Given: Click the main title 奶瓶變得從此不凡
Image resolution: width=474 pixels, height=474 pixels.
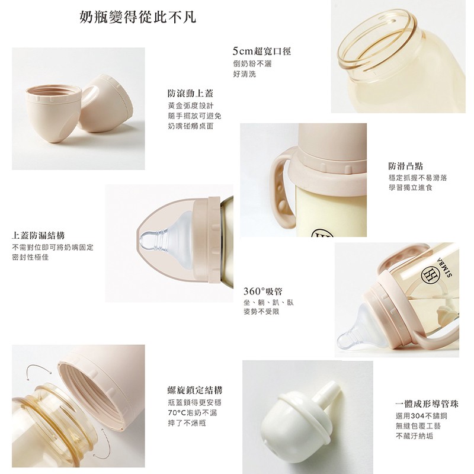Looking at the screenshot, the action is tap(138, 17).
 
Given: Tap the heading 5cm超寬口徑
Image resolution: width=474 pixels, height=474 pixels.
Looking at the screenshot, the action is tap(262, 52).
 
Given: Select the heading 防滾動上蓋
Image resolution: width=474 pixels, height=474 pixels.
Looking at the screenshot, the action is tap(191, 94).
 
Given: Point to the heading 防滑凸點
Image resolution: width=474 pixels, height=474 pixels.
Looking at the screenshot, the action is tap(406, 166).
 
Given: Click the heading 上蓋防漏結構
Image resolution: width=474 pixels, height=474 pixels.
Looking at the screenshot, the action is tap(38, 235).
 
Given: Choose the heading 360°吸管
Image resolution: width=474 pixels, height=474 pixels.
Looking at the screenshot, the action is tap(263, 292).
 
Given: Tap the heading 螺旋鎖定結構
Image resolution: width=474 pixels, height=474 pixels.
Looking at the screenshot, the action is tap(195, 390).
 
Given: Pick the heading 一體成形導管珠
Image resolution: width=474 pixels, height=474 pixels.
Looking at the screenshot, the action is tap(427, 404).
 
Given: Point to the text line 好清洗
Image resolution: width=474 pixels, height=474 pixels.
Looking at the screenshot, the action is tap(245, 74).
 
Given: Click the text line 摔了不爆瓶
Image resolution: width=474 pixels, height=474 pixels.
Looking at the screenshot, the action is tap(187, 422).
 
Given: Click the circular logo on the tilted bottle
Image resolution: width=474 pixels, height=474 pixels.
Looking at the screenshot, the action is tap(430, 275).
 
